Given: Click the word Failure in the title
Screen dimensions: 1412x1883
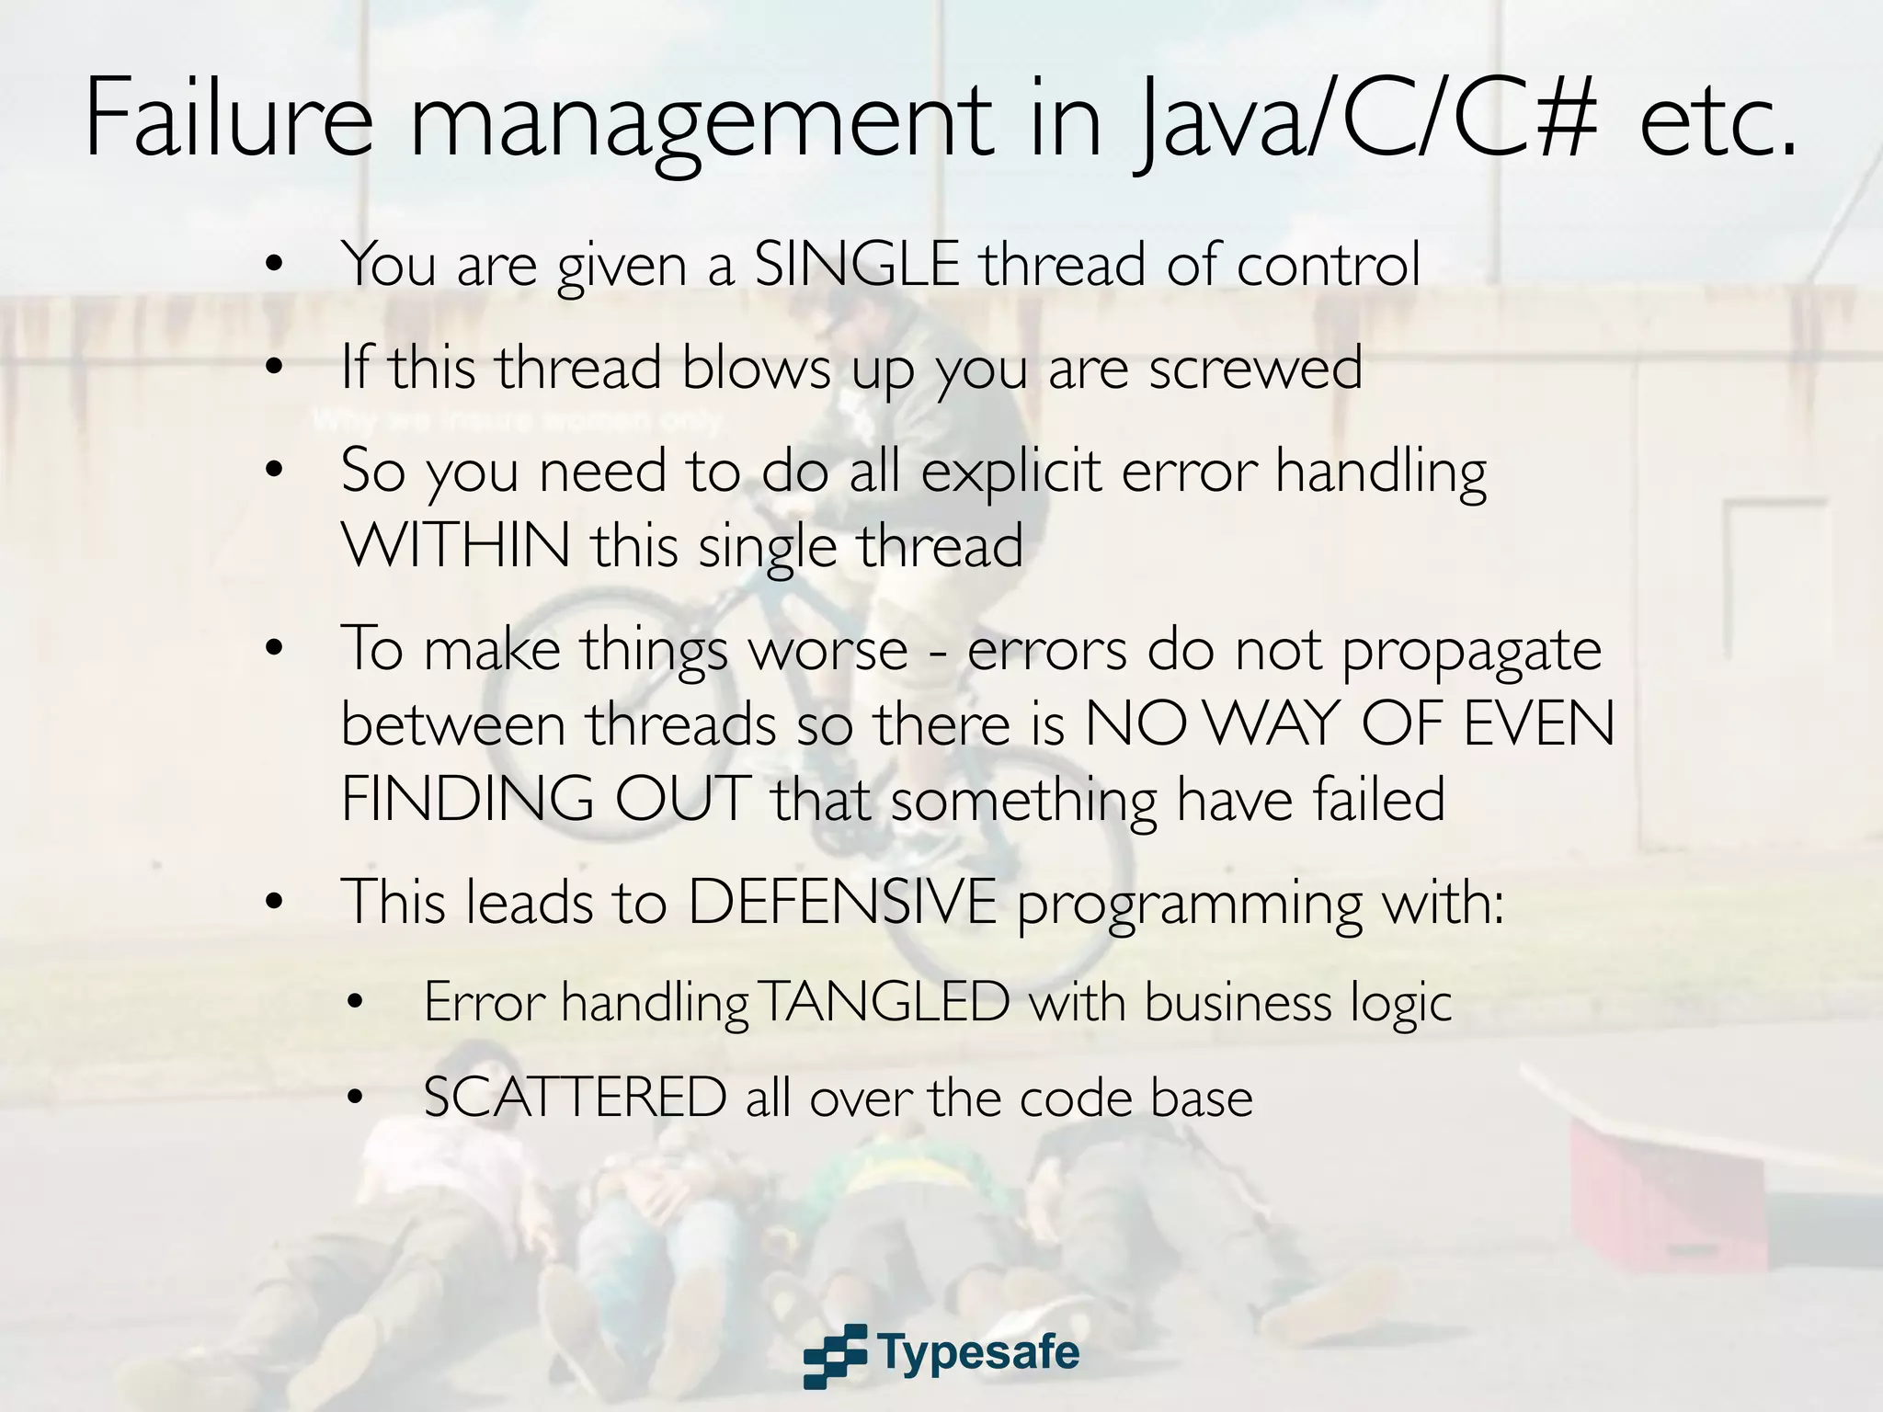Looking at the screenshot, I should [229, 120].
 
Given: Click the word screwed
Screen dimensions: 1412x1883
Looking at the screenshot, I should [1255, 368].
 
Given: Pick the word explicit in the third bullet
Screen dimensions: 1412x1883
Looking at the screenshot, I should [1010, 471].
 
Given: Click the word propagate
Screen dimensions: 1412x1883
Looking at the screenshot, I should [1471, 651].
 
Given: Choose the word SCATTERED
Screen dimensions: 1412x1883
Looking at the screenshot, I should [575, 1098].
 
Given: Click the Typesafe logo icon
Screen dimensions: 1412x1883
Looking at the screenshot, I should [835, 1355].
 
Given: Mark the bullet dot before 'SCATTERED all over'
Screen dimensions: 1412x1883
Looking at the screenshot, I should [357, 1099].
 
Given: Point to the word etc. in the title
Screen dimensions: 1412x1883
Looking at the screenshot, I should [1718, 120].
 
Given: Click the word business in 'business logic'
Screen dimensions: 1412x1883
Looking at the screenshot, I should [1238, 1001].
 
